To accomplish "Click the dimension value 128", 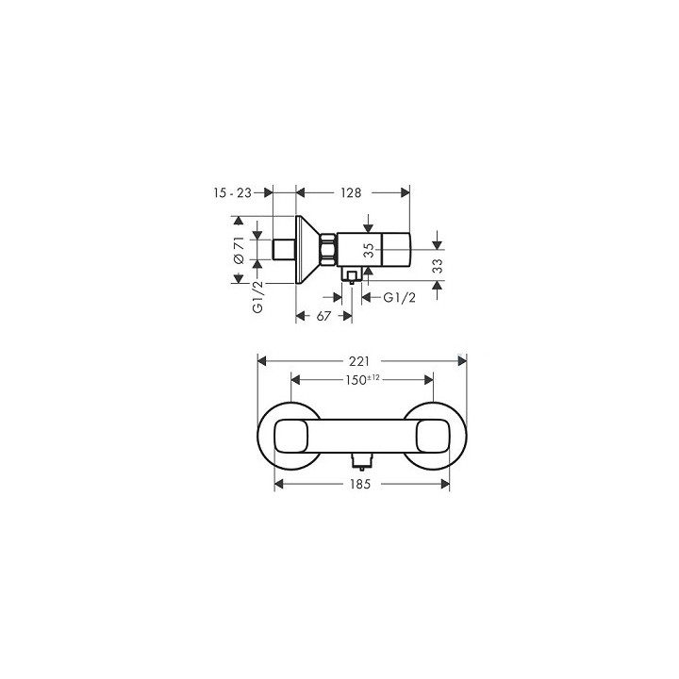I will pos(351,192).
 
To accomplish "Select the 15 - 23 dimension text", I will pos(232,192).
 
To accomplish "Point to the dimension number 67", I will pos(323,316).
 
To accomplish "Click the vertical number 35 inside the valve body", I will pos(370,251).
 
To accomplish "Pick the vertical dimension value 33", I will pos(438,267).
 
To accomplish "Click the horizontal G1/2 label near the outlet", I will pos(398,298).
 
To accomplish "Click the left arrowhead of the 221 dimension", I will pos(263,360).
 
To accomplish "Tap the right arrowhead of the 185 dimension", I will pos(446,483).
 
